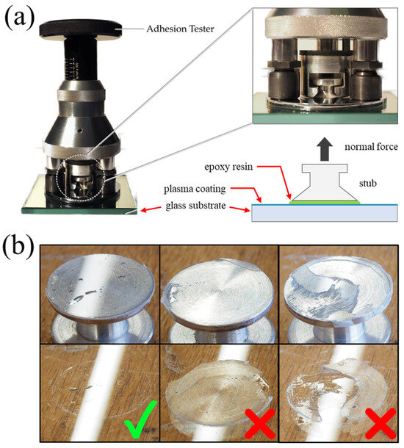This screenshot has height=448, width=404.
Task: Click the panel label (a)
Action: [x=19, y=18]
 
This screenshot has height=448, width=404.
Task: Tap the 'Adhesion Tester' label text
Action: [x=180, y=29]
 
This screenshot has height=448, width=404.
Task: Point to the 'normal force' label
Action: [x=371, y=147]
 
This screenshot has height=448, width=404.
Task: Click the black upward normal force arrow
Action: [x=324, y=149]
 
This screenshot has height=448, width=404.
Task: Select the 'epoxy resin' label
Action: [x=228, y=167]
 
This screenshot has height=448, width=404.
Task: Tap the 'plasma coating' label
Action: [x=195, y=189]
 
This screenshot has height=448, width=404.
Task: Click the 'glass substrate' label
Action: [x=195, y=206]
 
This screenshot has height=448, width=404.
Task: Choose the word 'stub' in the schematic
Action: [x=368, y=183]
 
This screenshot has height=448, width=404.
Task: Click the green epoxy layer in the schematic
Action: [x=325, y=202]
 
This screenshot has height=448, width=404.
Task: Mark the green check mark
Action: [x=140, y=419]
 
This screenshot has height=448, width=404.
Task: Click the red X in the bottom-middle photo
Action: [x=260, y=423]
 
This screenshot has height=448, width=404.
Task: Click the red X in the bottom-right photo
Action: [x=381, y=423]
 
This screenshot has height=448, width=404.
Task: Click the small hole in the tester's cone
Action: [x=80, y=131]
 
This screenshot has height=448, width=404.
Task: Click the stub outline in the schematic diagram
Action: [x=325, y=182]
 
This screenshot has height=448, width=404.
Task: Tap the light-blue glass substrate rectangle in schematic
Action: [x=324, y=213]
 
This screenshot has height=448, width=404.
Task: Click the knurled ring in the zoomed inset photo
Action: [x=326, y=27]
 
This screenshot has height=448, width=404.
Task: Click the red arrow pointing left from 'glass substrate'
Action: [x=151, y=209]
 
